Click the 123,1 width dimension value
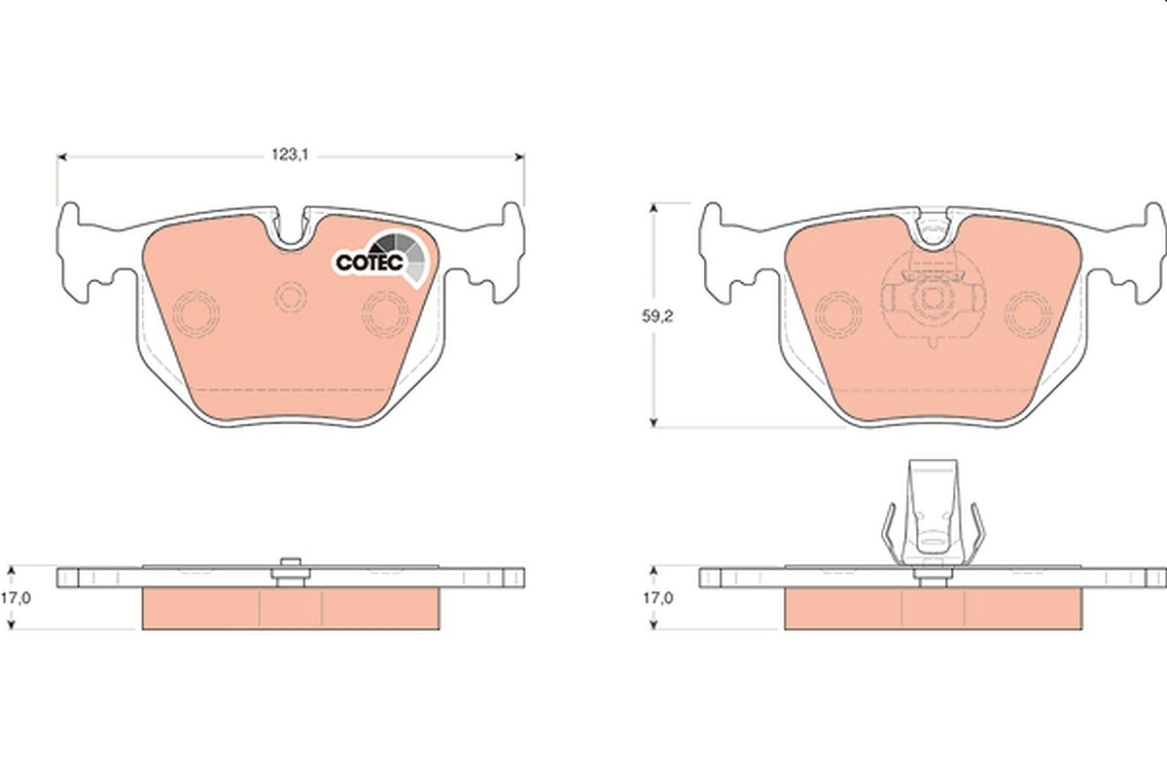tap(290, 155)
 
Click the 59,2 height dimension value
tap(657, 316)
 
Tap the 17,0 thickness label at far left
tap(16, 598)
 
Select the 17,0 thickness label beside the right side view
tap(657, 598)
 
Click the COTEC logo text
tap(370, 263)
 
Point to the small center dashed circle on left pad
tap(291, 297)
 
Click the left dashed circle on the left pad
tap(195, 314)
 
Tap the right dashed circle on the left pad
tap(385, 314)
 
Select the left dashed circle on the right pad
tap(838, 314)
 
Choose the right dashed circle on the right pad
tap(1028, 314)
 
